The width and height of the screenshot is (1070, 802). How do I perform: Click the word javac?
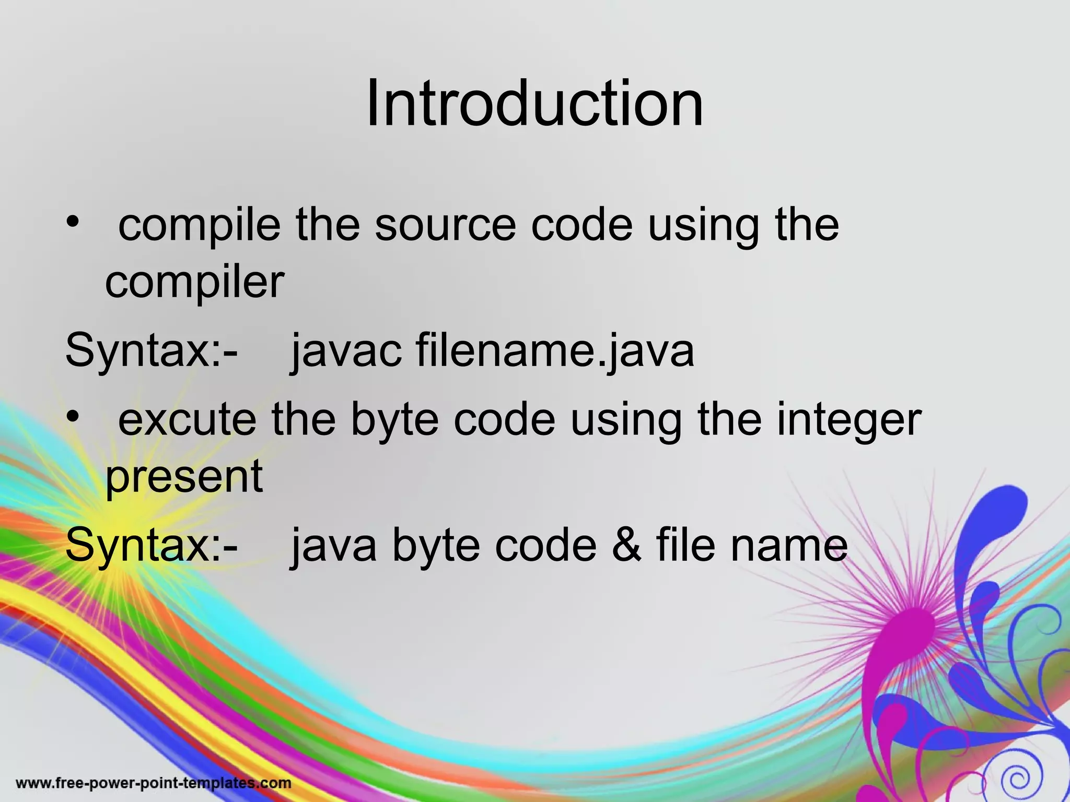point(346,351)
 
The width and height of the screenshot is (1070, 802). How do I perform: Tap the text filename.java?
point(555,351)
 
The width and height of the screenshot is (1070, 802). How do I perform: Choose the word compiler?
point(194,282)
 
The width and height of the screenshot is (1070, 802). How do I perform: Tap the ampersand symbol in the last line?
point(626,546)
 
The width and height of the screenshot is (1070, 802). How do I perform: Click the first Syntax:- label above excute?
point(152,351)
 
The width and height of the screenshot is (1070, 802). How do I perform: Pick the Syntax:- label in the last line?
point(152,546)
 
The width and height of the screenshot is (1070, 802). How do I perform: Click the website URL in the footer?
point(154,783)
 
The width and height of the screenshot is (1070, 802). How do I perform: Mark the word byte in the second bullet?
point(395,420)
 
